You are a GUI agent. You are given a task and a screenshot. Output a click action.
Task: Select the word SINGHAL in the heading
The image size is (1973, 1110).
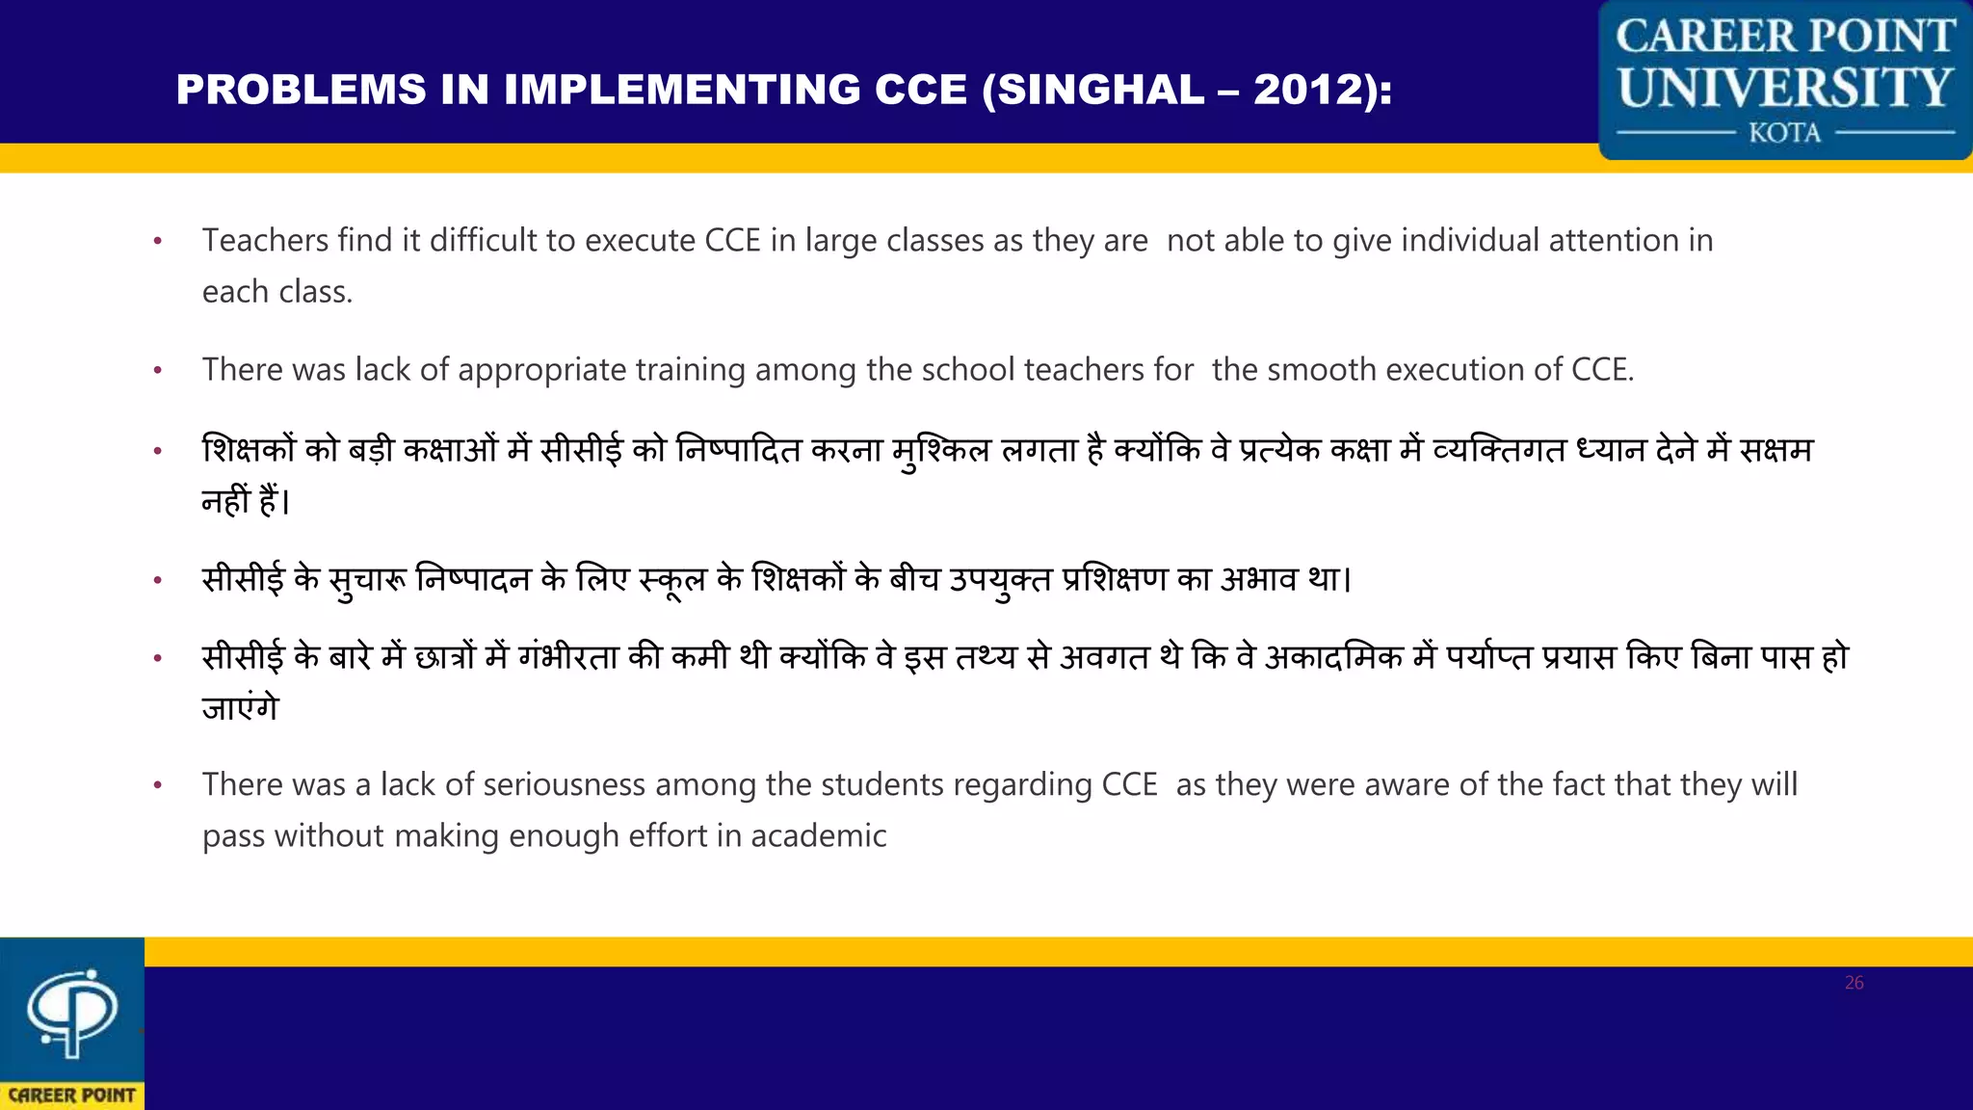click(1100, 90)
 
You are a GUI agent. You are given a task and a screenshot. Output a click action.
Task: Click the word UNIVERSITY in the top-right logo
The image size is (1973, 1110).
click(1785, 88)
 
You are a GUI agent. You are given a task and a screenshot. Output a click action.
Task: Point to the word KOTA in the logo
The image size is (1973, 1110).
click(1785, 133)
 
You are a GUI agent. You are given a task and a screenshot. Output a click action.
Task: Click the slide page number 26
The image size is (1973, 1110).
click(1854, 983)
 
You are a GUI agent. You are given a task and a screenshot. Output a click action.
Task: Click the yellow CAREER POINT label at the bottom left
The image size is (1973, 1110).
click(72, 1096)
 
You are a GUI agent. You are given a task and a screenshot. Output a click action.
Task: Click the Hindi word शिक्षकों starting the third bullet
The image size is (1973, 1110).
click(249, 450)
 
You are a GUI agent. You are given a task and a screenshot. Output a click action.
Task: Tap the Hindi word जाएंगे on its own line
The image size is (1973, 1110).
click(240, 708)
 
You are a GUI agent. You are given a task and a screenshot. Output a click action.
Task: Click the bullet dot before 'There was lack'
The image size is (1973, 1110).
click(158, 370)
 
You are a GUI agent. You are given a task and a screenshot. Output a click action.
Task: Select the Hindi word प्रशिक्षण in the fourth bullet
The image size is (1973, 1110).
click(1114, 579)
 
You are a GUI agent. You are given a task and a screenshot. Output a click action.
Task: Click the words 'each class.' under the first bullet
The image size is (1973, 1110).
click(277, 291)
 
